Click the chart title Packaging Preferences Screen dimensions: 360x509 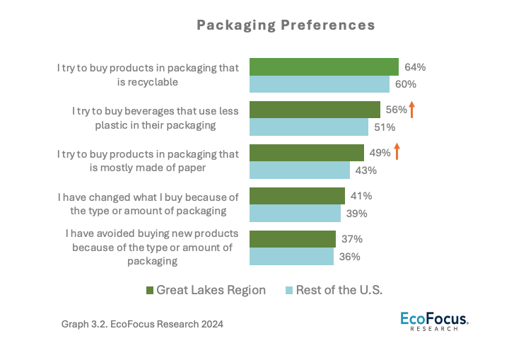pos(286,25)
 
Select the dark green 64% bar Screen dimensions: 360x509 pos(324,67)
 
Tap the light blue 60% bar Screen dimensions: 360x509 pos(320,84)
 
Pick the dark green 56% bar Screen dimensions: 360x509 pos(315,110)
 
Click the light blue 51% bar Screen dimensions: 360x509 pos(309,127)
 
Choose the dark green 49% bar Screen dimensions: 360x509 pos(307,153)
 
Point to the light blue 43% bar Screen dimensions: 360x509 pos(300,170)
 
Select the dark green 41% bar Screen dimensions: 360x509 pos(297,197)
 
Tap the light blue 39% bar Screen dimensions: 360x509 pos(295,214)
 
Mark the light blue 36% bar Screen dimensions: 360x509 pos(291,257)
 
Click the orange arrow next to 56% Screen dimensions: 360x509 pos(411,110)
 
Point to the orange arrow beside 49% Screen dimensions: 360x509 pos(397,152)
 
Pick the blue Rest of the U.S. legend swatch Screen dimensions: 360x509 pos(288,291)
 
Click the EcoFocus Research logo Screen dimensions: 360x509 pos(434,320)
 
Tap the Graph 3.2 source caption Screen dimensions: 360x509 pos(142,325)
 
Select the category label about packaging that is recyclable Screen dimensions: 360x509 pos(148,75)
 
